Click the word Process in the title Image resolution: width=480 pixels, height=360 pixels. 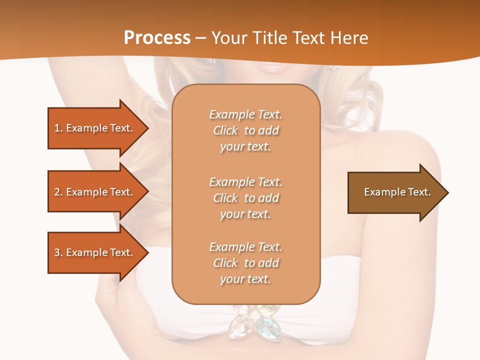coord(157,38)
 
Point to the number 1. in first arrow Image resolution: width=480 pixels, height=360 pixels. coord(58,128)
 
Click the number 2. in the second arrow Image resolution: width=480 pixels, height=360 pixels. coord(58,192)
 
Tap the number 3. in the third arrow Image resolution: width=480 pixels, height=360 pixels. coord(58,252)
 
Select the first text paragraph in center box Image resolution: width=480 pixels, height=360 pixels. coord(246,130)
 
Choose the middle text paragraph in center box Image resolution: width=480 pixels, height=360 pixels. coord(246,198)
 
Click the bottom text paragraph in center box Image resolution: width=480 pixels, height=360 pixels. coord(246,263)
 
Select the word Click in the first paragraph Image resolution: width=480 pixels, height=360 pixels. coord(225,130)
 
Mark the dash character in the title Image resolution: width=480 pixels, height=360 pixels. coord(200,38)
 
